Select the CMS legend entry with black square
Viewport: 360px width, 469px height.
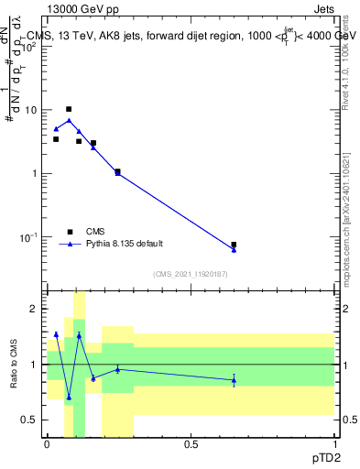pyautogui.click(x=69, y=232)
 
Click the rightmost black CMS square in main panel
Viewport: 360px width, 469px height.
pyautogui.click(x=234, y=245)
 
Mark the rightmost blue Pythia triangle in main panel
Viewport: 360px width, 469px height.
pyautogui.click(x=234, y=249)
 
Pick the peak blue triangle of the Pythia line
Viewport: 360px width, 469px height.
pyautogui.click(x=68, y=120)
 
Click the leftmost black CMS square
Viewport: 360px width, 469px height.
pyautogui.click(x=56, y=139)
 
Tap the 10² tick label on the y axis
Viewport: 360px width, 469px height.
pyautogui.click(x=30, y=46)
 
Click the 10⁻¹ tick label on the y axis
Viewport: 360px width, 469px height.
pyautogui.click(x=30, y=237)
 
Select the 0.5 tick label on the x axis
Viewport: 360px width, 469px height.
pyautogui.click(x=191, y=443)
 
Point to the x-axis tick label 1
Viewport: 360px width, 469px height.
pyautogui.click(x=334, y=443)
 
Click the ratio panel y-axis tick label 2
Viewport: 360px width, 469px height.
pyautogui.click(x=34, y=309)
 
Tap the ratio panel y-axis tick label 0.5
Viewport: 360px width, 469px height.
pyautogui.click(x=30, y=420)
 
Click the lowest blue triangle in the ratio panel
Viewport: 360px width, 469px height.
pyautogui.click(x=68, y=398)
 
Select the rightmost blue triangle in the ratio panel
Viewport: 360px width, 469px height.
pyautogui.click(x=234, y=380)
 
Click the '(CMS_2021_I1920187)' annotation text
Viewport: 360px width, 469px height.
pyautogui.click(x=189, y=274)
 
